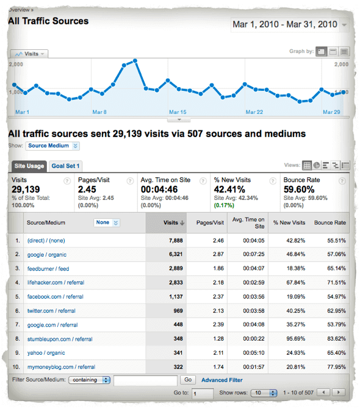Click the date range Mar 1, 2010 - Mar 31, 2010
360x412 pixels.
click(284, 25)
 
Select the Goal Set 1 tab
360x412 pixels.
click(65, 166)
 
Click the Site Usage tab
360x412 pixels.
click(29, 166)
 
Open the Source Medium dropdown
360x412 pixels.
click(52, 146)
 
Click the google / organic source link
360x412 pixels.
click(46, 255)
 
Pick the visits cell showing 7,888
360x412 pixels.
click(167, 241)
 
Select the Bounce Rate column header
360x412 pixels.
click(329, 222)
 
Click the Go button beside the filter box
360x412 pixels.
click(188, 380)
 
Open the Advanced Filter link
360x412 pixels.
click(221, 380)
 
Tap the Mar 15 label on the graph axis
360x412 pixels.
click(178, 112)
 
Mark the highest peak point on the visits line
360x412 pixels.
click(134, 60)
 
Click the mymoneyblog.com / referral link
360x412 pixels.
click(61, 367)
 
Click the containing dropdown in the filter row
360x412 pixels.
click(90, 380)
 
